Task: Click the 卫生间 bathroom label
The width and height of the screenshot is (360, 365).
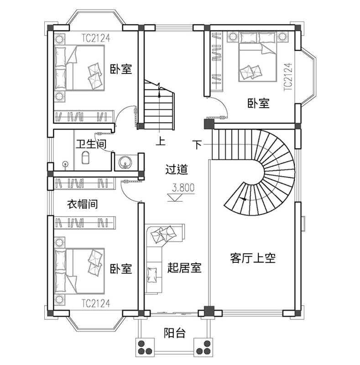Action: (x=91, y=144)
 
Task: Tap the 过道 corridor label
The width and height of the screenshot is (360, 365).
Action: (x=177, y=169)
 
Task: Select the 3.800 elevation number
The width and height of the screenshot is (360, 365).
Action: (x=183, y=188)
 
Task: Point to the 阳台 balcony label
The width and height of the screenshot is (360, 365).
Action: (x=175, y=333)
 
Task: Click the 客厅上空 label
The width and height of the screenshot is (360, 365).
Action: (x=253, y=258)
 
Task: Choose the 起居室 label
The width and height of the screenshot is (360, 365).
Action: (x=184, y=268)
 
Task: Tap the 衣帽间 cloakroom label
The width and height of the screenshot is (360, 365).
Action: (x=83, y=204)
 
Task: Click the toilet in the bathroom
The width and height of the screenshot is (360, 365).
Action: (x=85, y=157)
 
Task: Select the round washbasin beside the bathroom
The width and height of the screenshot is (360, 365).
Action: (x=125, y=162)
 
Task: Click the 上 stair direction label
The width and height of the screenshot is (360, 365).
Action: (x=161, y=141)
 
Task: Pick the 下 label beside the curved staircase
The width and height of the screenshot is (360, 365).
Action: (x=197, y=145)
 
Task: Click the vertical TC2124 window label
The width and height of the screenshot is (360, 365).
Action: (x=288, y=77)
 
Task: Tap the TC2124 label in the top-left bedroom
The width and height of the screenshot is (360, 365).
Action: (x=96, y=38)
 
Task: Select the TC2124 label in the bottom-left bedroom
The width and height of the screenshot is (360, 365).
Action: (x=96, y=303)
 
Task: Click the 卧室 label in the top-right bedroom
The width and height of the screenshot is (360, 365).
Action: (x=258, y=104)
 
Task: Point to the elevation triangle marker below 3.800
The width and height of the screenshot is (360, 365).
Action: (x=175, y=198)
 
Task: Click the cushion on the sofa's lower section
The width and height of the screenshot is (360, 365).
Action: (x=152, y=275)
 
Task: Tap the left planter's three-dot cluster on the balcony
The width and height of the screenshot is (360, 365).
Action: (x=145, y=348)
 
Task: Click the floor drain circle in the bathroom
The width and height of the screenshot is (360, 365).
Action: (x=66, y=164)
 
